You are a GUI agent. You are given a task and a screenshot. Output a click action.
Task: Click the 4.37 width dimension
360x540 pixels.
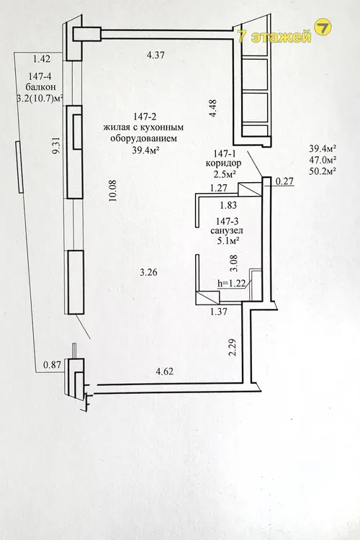(156, 55)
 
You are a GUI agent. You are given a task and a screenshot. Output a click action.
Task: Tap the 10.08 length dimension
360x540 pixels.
(112, 191)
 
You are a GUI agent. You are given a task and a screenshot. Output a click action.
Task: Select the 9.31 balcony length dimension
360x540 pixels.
(56, 145)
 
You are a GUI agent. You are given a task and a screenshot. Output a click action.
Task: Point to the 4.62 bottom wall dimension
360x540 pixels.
(164, 372)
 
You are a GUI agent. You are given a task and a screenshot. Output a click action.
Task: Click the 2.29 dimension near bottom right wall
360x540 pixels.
(233, 348)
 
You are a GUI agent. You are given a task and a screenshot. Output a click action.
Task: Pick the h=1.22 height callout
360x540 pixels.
(231, 284)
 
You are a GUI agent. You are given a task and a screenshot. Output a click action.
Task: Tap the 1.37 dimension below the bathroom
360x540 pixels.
(219, 311)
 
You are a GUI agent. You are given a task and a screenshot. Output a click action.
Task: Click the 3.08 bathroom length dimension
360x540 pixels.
(233, 263)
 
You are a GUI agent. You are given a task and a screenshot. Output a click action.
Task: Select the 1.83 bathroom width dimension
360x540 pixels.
(228, 205)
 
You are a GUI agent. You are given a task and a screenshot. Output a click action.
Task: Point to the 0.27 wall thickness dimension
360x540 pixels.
(284, 181)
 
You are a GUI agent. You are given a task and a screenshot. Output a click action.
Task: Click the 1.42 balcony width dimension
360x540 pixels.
(42, 59)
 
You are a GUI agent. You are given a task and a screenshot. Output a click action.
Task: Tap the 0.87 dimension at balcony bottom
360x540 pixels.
(52, 364)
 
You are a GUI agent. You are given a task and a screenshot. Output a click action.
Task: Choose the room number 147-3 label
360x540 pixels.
(227, 221)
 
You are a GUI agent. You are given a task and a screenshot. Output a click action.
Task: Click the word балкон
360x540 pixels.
(40, 87)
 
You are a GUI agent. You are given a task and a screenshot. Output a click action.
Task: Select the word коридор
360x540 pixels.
(223, 163)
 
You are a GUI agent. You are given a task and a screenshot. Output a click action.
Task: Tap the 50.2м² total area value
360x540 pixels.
(323, 171)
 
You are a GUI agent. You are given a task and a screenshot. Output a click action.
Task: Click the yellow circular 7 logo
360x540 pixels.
(323, 27)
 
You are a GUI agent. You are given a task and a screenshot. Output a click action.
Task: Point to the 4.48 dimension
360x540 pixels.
(212, 108)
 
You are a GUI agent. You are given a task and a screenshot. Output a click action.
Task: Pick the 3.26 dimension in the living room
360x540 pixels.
(148, 272)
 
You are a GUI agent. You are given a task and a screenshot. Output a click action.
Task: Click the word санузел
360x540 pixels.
(227, 230)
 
